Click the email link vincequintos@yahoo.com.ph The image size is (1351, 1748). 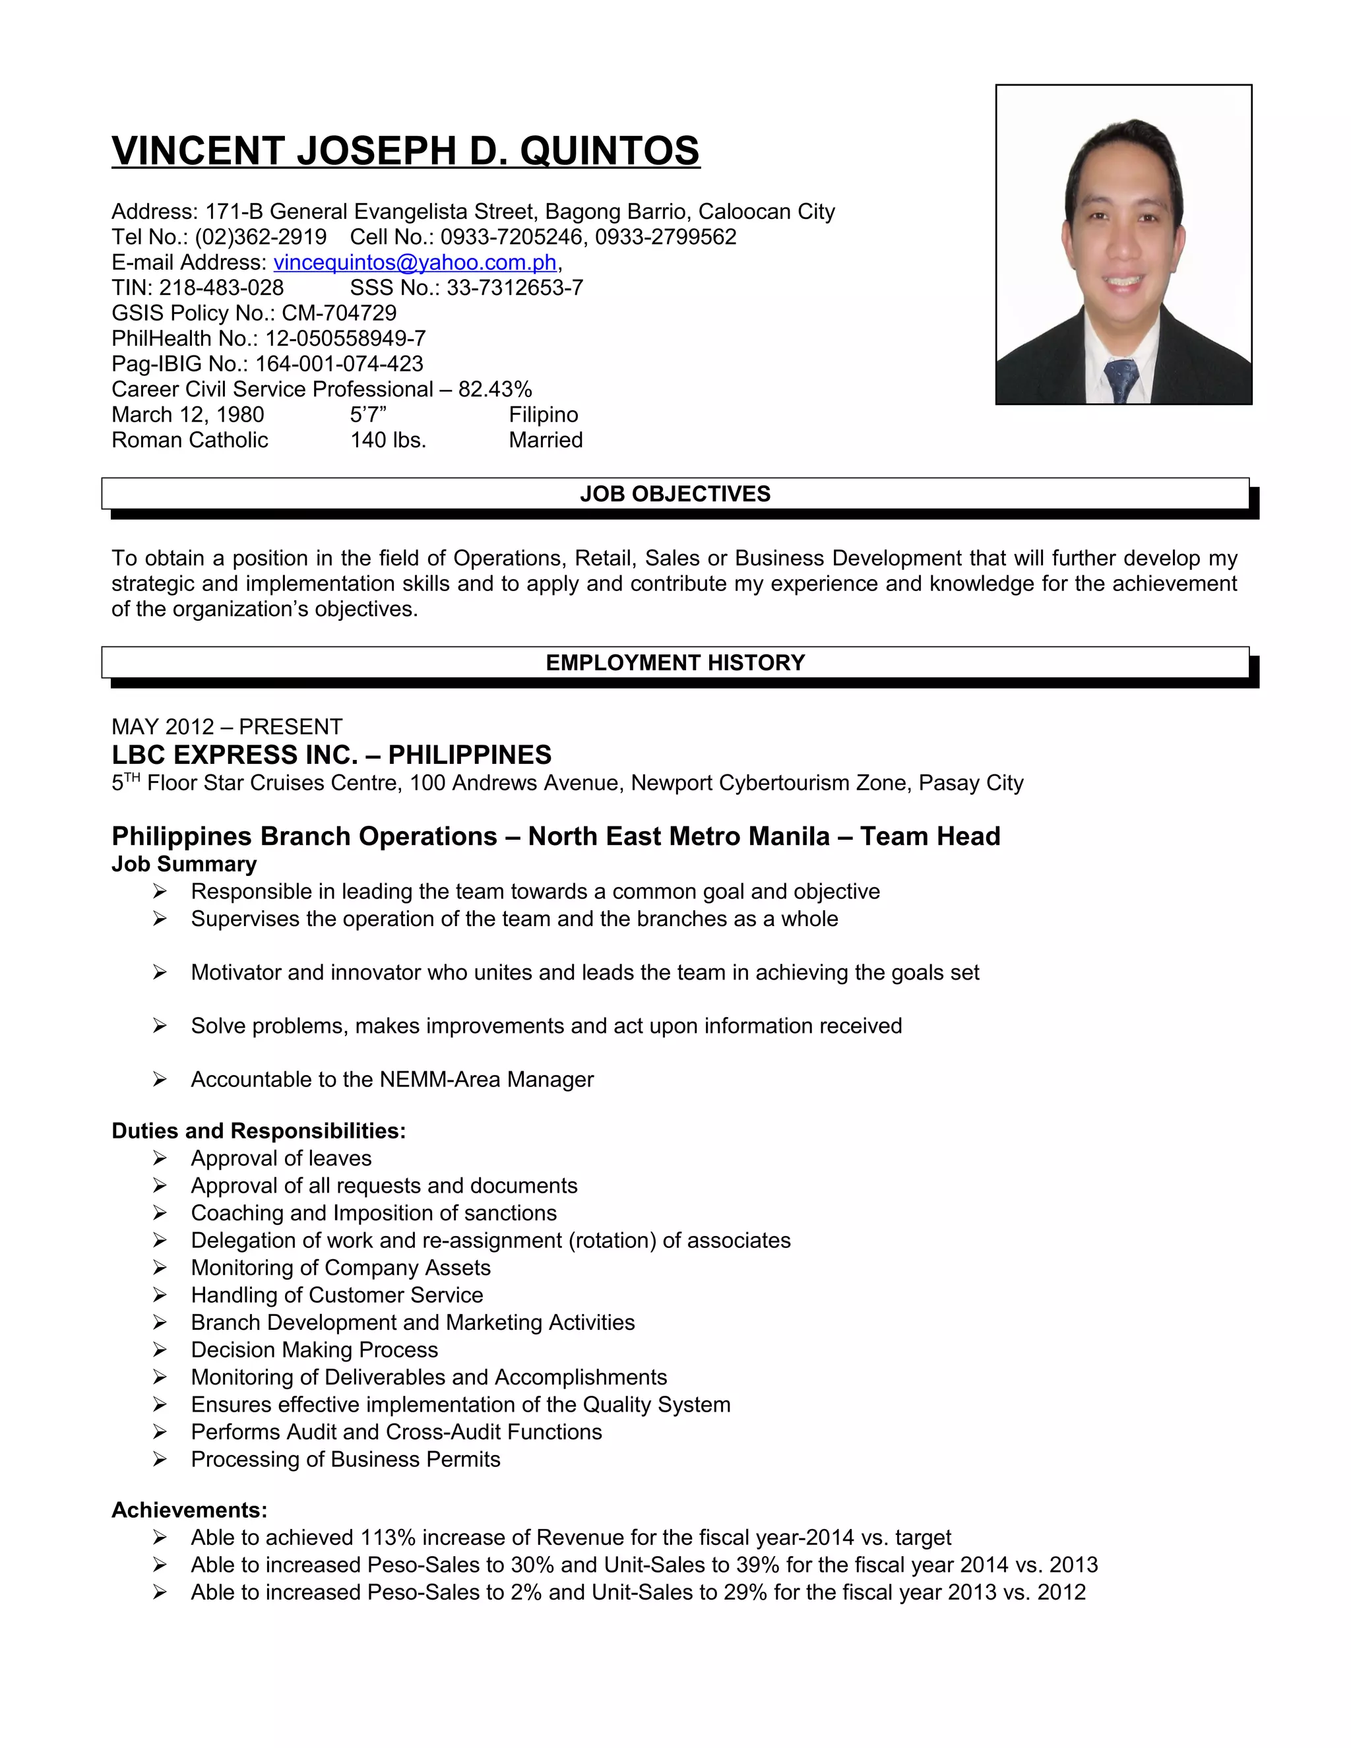point(414,263)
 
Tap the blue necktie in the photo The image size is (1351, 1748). point(1121,379)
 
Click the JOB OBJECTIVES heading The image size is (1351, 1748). point(675,494)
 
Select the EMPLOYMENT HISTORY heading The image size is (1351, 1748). point(675,663)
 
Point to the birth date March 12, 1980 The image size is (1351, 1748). point(187,415)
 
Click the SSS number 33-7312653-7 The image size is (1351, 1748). point(515,288)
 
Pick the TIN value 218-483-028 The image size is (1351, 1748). point(222,288)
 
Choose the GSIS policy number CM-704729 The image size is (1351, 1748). point(338,313)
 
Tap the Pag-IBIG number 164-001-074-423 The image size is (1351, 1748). point(338,364)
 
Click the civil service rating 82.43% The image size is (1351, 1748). point(495,390)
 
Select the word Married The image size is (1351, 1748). point(546,440)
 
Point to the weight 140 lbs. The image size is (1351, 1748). point(388,440)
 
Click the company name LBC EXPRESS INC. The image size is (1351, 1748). point(234,755)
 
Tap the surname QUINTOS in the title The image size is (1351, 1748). point(610,151)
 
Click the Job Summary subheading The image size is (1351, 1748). point(184,864)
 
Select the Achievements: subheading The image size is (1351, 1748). point(189,1511)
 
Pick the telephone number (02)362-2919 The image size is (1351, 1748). point(261,237)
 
